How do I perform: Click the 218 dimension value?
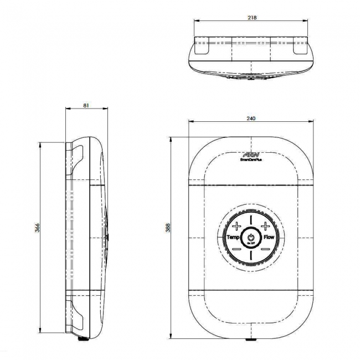tap(252, 17)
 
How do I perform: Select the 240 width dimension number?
tap(252, 118)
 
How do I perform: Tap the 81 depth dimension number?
tap(85, 105)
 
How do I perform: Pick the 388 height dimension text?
tap(168, 228)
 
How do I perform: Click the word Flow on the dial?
tap(269, 237)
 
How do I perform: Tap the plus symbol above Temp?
tap(236, 225)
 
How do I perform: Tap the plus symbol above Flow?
tap(265, 225)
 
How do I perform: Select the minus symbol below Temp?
tap(236, 249)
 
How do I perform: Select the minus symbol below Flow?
tap(265, 249)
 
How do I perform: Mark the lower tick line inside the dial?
tap(251, 253)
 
